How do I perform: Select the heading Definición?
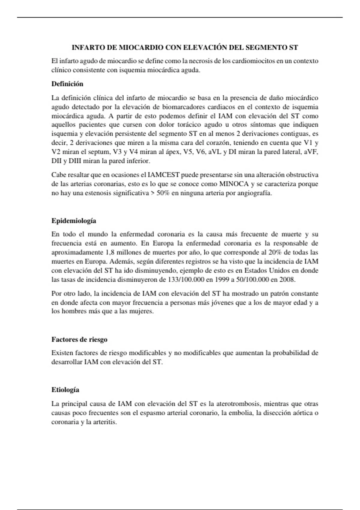pyautogui.click(x=67, y=84)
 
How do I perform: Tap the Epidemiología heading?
pyautogui.click(x=74, y=221)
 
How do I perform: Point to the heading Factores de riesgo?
pyautogui.click(x=79, y=340)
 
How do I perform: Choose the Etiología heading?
pyautogui.click(x=65, y=390)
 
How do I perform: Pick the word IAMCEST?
pyautogui.click(x=164, y=175)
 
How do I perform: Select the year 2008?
pyautogui.click(x=287, y=280)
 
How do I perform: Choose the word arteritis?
pyautogui.click(x=105, y=422)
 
